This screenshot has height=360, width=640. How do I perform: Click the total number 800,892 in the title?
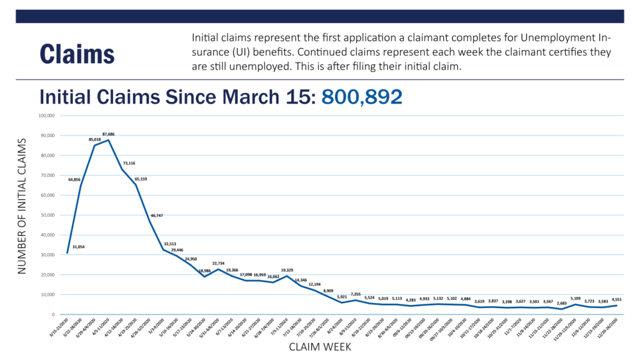[361, 97]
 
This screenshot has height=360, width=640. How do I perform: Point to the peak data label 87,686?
[108, 134]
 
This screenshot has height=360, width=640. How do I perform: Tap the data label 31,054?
[78, 247]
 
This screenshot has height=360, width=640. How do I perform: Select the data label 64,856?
[74, 179]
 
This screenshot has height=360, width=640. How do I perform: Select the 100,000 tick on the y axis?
[47, 116]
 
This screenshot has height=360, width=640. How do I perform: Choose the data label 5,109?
[576, 298]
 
